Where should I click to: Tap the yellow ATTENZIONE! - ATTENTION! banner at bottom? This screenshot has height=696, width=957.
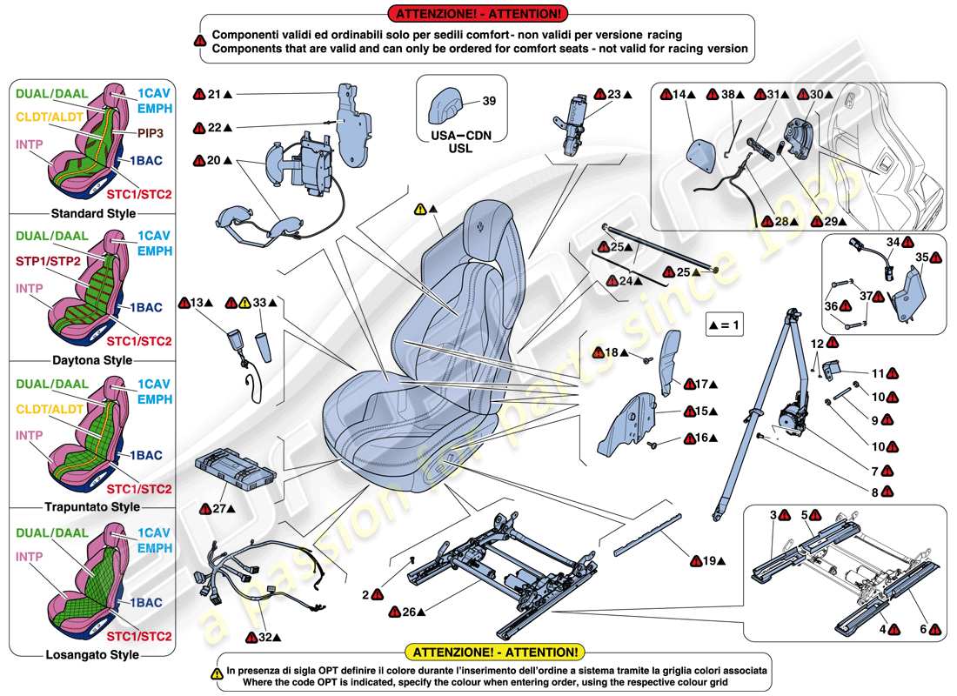tap(494, 652)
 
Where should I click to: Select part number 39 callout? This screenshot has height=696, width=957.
tap(489, 101)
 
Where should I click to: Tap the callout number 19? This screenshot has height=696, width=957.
tap(711, 561)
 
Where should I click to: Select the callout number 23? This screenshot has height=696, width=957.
tap(614, 94)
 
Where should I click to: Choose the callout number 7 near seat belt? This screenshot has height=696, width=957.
tap(873, 471)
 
